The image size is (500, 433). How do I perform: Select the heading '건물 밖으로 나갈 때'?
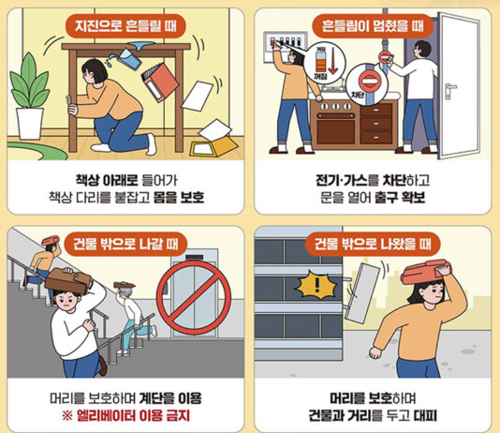tap(125, 246)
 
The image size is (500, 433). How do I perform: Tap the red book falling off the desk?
tap(158, 82)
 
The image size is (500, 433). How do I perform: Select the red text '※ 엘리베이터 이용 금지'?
tap(125, 413)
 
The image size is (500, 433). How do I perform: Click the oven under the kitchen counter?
tap(335, 127)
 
